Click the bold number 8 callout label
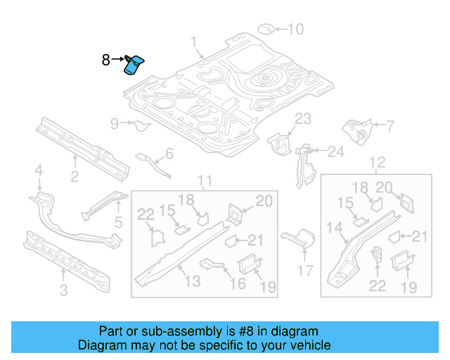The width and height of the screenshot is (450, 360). point(105,60)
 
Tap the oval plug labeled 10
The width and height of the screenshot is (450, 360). point(266,29)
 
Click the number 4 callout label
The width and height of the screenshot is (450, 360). point(39,169)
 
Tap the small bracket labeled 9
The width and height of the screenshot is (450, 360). point(141,127)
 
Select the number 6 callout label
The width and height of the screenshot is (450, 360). point(169,154)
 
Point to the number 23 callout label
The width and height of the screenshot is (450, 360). point(302,118)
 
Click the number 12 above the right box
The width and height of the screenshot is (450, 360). point(378,163)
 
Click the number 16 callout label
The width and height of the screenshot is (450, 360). point(238,283)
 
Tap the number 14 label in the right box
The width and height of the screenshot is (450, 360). point(333,227)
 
